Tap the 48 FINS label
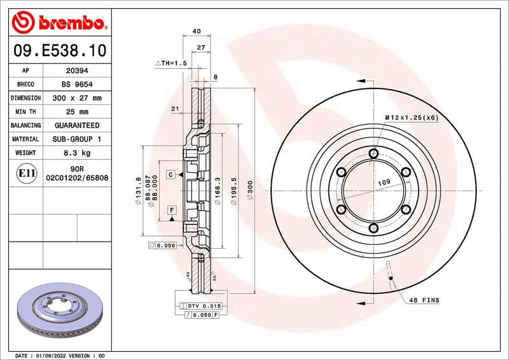424,300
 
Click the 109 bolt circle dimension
384,183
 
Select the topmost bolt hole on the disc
373,153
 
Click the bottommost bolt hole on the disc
373,228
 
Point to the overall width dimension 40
196,31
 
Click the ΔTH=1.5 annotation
171,64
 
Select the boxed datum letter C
171,174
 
